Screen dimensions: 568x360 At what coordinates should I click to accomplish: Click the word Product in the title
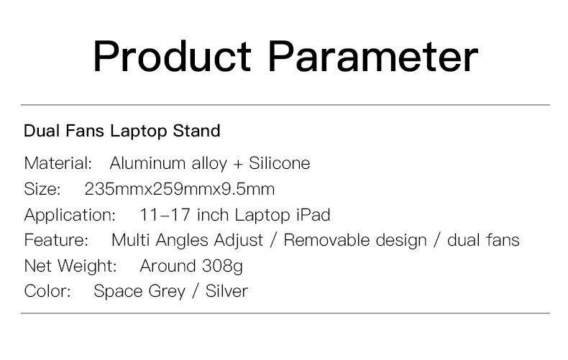(x=172, y=57)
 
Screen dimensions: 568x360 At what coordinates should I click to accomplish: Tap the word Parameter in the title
(x=373, y=57)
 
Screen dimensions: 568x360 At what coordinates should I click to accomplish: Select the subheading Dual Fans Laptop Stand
(x=122, y=131)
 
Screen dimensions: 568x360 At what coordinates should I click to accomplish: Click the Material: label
(x=58, y=163)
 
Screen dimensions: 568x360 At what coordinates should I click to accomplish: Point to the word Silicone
(x=279, y=163)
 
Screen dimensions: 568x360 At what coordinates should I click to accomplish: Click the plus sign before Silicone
(x=238, y=164)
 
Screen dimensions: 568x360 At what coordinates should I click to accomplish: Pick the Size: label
(x=42, y=189)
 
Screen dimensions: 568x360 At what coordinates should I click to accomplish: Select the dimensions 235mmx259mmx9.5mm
(x=180, y=189)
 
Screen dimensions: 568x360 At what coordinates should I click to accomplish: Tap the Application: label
(x=70, y=215)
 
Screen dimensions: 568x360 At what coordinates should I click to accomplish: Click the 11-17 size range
(x=165, y=215)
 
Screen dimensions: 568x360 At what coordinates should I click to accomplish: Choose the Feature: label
(x=56, y=240)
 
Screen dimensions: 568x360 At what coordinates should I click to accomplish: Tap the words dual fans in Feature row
(x=483, y=240)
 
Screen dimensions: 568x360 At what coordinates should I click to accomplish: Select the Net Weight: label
(x=70, y=266)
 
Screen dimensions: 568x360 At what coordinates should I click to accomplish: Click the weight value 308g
(x=222, y=266)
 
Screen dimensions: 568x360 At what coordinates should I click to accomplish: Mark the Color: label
(x=47, y=291)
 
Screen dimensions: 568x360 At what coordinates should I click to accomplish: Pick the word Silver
(x=226, y=291)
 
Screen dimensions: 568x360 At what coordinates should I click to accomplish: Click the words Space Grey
(x=139, y=292)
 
